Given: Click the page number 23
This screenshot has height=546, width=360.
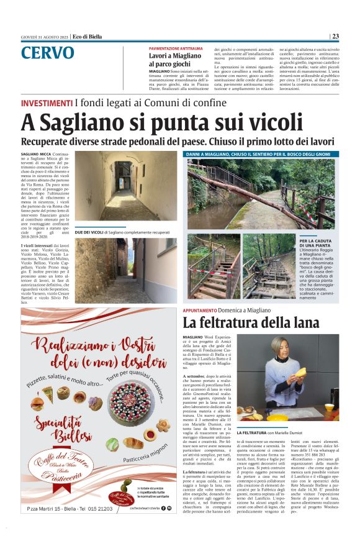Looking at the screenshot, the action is tap(352, 36).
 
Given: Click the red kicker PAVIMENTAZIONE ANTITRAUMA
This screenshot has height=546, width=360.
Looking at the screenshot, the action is tap(175, 48).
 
